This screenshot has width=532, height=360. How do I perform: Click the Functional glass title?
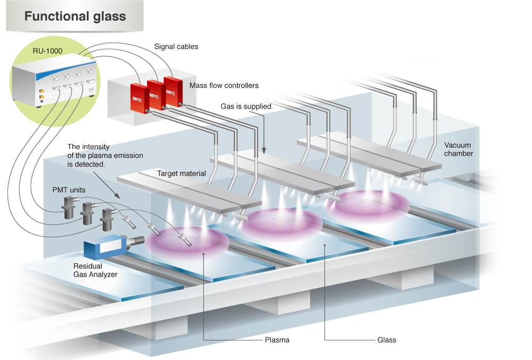tap(75, 16)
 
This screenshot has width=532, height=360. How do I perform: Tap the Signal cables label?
tap(176, 47)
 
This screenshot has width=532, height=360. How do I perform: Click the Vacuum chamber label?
tap(459, 149)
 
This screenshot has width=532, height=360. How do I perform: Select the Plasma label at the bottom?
tap(276, 340)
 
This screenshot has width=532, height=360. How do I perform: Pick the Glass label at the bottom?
tap(387, 340)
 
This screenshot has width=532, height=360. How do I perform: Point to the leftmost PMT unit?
tap(70, 208)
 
